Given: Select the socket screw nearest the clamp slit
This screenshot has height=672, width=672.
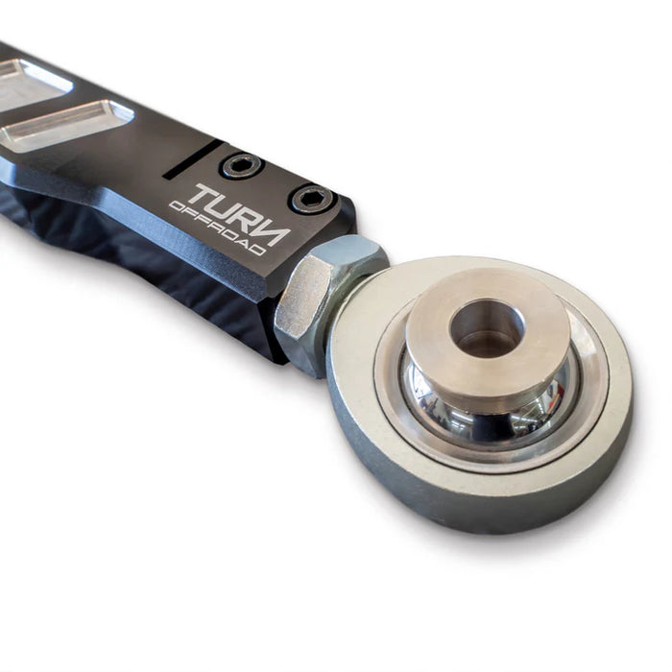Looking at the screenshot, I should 241,165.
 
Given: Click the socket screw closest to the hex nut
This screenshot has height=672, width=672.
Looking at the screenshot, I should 312,199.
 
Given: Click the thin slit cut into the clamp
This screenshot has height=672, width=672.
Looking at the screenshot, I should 192,158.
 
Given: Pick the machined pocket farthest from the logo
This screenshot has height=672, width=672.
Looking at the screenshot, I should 29,82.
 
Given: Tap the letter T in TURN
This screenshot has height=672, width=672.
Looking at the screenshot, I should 204,195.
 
